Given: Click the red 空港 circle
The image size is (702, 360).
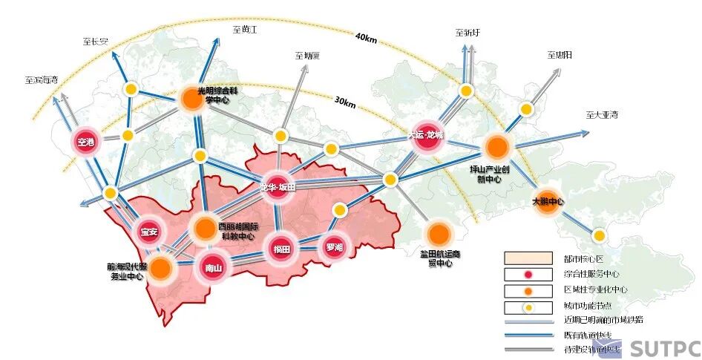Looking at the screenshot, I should click(87, 142).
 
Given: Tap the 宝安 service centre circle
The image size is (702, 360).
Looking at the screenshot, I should click(149, 232).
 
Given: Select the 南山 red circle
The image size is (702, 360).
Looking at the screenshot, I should click(213, 268).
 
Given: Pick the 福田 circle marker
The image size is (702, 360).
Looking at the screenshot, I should click(282, 249).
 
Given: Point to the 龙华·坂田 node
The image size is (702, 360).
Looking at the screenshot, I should click(278, 188).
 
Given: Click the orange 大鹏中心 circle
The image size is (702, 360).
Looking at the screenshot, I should click(548, 202).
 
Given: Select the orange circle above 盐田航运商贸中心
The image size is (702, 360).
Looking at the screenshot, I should click(439, 233).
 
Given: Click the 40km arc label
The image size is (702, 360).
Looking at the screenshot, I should click(367, 36).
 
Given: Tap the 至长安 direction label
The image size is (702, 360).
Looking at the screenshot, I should click(96, 42).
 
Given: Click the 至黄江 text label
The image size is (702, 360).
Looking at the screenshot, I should click(244, 29).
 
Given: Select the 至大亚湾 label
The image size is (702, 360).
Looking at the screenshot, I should click(601, 115).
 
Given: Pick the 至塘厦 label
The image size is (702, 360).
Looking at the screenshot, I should click(307, 55).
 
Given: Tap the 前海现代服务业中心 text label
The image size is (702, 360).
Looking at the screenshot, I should click(128, 272).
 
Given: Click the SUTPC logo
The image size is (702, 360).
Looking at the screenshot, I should click(664, 347).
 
